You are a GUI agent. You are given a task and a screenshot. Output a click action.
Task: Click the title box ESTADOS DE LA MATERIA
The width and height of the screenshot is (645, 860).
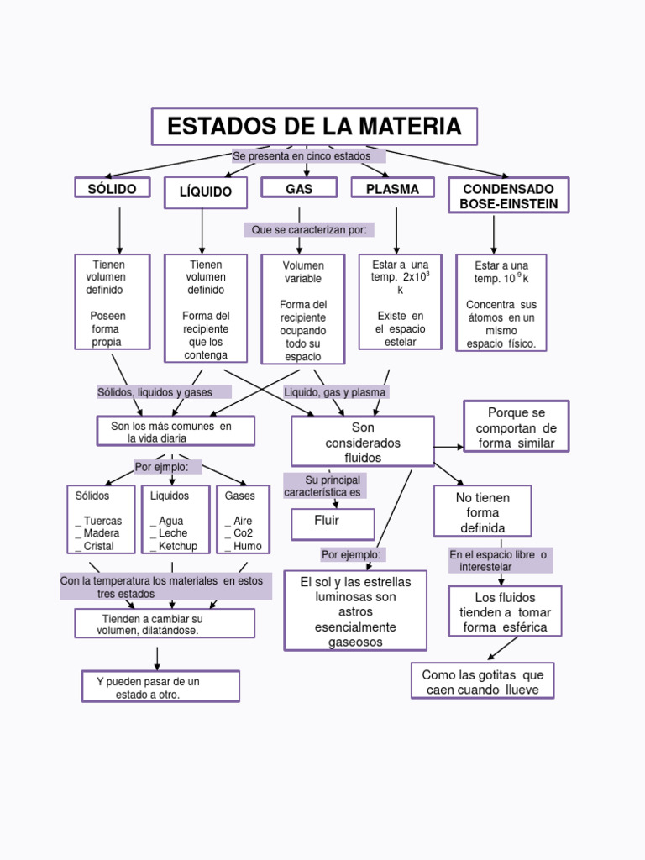click(314, 127)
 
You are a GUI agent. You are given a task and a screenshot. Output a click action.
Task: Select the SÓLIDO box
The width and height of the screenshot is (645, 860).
click(112, 189)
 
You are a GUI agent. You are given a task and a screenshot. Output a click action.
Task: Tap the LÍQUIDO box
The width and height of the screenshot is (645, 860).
click(205, 192)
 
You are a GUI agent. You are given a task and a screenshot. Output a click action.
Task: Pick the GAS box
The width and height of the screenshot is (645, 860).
click(299, 188)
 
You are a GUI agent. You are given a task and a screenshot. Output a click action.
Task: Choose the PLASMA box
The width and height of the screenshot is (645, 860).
click(392, 188)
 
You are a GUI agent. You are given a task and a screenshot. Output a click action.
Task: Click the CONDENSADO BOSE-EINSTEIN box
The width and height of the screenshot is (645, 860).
click(509, 196)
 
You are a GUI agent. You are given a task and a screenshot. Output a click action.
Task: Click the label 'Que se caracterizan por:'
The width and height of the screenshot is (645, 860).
click(308, 229)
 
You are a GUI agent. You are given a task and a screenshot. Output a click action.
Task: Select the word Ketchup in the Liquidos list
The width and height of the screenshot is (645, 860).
click(178, 546)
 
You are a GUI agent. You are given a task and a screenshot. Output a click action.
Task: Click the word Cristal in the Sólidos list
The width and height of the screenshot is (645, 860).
click(99, 546)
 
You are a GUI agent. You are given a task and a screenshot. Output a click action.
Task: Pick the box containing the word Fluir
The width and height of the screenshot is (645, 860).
click(333, 523)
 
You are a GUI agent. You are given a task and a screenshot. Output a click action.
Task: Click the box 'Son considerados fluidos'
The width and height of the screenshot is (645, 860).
click(363, 442)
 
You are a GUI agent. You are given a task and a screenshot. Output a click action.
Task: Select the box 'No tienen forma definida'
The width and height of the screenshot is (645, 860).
click(482, 511)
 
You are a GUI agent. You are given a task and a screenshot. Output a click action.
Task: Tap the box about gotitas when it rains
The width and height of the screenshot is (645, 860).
click(482, 681)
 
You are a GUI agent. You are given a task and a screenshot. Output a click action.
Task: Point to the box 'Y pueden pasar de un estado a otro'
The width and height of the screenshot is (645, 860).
click(160, 686)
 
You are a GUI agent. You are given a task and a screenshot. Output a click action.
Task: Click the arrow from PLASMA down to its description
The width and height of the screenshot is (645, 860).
click(396, 228)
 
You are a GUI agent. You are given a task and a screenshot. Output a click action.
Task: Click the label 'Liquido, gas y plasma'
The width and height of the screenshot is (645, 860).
click(335, 392)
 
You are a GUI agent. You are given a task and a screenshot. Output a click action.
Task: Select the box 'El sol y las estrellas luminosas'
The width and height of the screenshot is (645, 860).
click(354, 611)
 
